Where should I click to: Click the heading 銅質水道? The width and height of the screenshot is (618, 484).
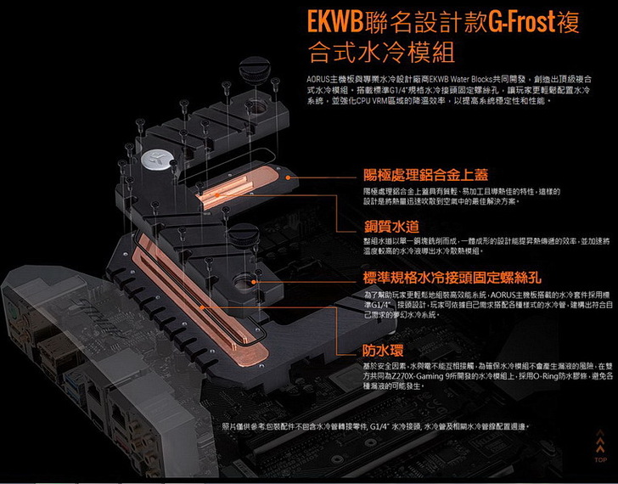point(390,227)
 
